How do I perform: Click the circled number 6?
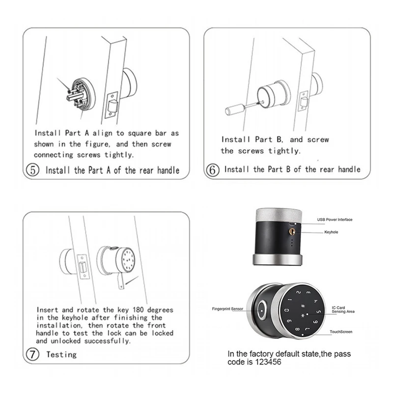click(212, 169)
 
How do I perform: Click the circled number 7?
click(33, 354)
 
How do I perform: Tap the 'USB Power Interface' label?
click(334, 219)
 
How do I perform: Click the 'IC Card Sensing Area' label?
click(342, 309)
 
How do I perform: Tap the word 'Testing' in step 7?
click(61, 354)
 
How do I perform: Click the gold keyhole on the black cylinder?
click(293, 230)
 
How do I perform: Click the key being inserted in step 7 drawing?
click(120, 281)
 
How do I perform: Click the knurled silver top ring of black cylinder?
click(279, 214)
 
